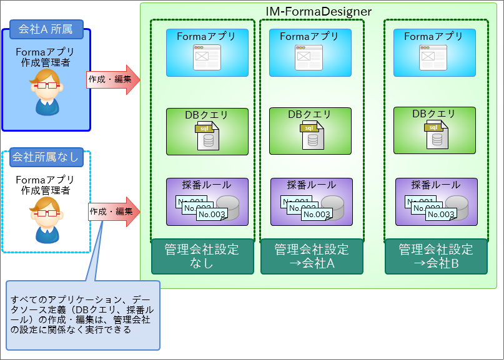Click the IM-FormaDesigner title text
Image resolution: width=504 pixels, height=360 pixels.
tap(319, 11)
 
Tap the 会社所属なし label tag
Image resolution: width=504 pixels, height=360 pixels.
tap(46, 157)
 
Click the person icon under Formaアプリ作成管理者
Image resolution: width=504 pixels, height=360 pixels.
tap(46, 92)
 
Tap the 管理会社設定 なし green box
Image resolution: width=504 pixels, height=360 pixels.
tap(202, 256)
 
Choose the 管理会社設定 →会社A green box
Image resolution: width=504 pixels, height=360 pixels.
tap(312, 256)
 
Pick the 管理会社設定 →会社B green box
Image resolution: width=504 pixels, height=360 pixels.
tap(436, 256)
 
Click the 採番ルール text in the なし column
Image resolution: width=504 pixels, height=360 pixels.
tap(207, 185)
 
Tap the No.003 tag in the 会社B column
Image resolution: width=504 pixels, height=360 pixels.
tap(441, 214)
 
